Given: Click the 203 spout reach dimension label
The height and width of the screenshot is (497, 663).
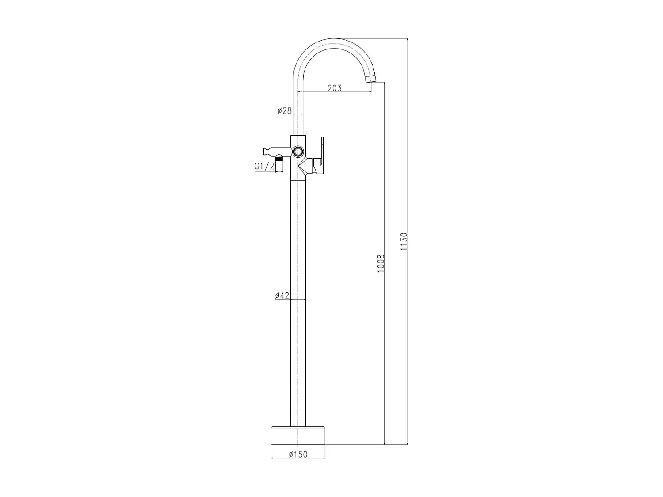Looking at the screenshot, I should (335, 88).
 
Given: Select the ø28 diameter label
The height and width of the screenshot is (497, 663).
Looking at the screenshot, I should (284, 110).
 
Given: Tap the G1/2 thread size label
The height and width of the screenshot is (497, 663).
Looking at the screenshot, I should (264, 166).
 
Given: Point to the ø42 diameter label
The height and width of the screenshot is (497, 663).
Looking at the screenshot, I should (282, 296).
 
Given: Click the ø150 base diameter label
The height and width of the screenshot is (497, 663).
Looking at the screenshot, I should (297, 454).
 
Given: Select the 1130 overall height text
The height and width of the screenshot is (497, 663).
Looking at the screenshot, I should (404, 242).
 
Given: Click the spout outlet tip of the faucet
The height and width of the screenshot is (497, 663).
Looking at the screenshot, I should (370, 80).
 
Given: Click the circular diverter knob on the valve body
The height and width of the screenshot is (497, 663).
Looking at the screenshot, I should (298, 152).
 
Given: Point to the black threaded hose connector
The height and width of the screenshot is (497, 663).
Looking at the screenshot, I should (279, 159).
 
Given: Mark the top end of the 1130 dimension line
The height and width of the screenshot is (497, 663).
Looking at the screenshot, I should (407, 39).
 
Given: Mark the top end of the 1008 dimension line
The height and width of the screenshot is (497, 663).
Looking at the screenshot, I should (384, 82).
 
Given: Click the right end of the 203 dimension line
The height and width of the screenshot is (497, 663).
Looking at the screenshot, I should (371, 91).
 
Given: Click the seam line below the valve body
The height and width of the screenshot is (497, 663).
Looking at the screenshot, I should (298, 180).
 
